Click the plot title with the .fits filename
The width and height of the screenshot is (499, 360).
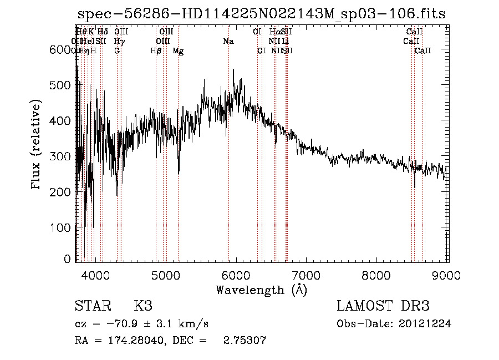[x=261, y=14]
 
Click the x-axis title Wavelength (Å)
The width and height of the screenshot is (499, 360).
[x=261, y=290]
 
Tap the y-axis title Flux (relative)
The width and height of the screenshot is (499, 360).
[x=37, y=145]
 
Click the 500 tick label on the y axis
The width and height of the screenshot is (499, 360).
[x=60, y=85]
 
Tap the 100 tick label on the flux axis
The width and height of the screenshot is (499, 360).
[x=60, y=227]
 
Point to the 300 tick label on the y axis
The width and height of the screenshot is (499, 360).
[x=60, y=156]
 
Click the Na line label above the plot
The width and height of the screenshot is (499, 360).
[x=228, y=42]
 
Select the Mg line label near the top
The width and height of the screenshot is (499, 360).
[x=178, y=51]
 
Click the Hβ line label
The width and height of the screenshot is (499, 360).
[x=156, y=51]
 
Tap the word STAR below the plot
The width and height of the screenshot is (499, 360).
[x=92, y=306]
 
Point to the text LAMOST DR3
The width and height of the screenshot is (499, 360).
[x=383, y=306]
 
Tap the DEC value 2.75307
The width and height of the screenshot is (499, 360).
[x=244, y=341]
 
